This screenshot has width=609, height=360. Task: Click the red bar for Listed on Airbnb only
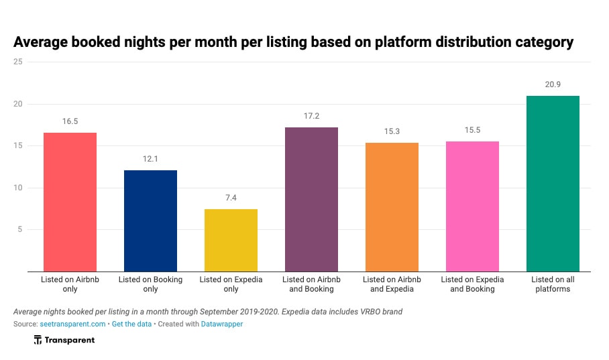tap(70, 202)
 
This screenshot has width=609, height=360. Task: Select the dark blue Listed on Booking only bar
tap(150, 221)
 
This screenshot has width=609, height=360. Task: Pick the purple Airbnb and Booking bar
tap(311, 199)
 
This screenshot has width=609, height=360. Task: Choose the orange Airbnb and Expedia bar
tap(392, 207)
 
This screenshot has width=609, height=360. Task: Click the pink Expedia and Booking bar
tap(472, 206)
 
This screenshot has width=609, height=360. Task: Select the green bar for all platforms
tap(553, 184)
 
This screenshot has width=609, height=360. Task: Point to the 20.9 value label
tap(553, 84)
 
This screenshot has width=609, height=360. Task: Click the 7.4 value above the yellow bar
tap(231, 198)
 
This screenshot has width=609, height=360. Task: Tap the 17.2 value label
tap(311, 116)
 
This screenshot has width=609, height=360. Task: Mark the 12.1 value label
tap(150, 159)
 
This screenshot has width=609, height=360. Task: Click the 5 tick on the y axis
tap(20, 229)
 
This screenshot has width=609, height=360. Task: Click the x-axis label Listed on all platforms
tap(553, 284)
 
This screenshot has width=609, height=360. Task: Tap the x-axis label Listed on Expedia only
tap(231, 284)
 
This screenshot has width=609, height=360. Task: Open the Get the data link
tap(132, 324)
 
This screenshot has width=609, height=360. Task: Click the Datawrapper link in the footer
tap(222, 324)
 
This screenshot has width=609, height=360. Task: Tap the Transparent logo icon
tap(38, 341)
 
